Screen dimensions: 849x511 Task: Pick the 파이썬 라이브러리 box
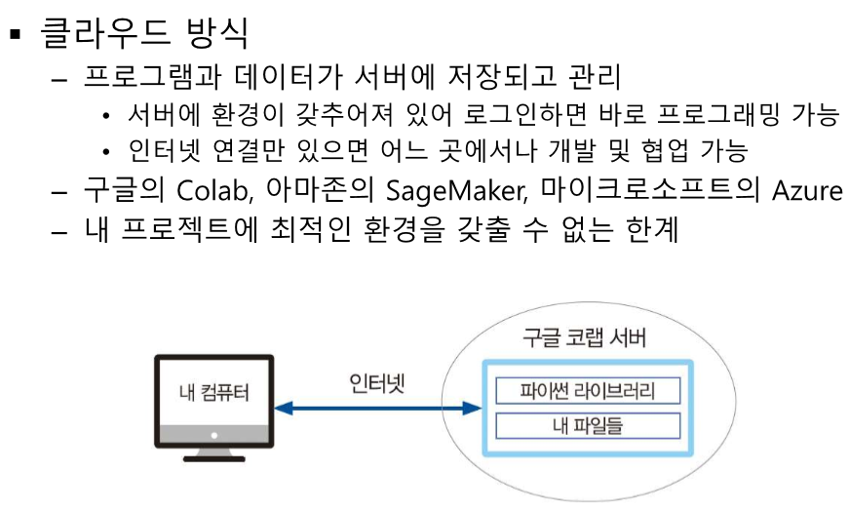(x=587, y=391)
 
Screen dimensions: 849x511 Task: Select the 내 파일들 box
(x=587, y=426)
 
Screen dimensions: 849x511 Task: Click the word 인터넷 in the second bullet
(x=166, y=152)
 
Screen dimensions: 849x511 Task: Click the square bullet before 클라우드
(x=15, y=36)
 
